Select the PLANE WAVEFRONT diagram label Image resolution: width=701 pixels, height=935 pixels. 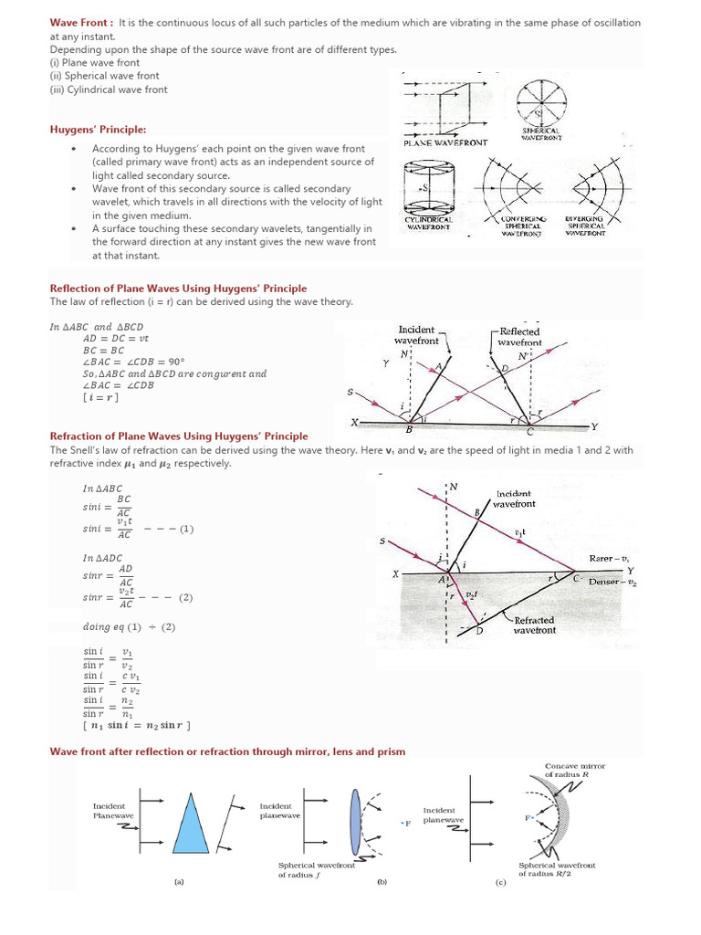click(x=445, y=143)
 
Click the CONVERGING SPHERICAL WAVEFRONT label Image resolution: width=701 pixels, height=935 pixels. click(x=522, y=226)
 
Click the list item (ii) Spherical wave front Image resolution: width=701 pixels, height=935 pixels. click(x=104, y=76)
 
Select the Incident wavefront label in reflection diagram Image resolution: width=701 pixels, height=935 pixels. click(x=417, y=335)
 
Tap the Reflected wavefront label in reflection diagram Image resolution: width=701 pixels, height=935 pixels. click(x=518, y=336)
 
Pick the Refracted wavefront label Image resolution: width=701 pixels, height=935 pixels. click(x=534, y=625)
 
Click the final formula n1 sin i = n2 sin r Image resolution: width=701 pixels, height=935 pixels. click(x=137, y=726)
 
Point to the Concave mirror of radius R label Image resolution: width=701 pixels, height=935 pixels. click(x=574, y=770)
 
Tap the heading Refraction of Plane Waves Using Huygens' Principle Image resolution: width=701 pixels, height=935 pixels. click(x=178, y=436)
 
